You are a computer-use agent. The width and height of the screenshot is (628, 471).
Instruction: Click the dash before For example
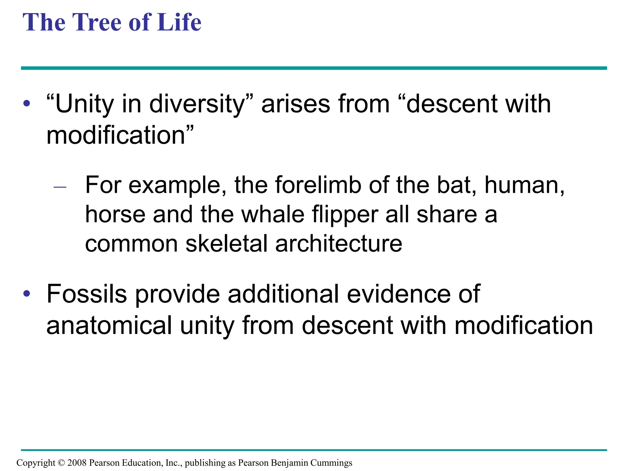coord(60,187)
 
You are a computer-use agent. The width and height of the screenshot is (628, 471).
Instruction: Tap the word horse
coord(115,214)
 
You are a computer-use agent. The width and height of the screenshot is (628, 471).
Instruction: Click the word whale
coord(273,214)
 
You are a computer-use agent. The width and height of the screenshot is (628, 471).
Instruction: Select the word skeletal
coord(227,244)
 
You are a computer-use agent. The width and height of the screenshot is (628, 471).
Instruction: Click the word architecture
coord(339,244)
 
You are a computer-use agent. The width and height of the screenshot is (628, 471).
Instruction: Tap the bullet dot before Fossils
coord(27,294)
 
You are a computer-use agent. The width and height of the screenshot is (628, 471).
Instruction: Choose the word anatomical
coord(109,326)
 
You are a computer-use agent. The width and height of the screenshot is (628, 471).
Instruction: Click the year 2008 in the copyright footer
coord(77,463)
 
